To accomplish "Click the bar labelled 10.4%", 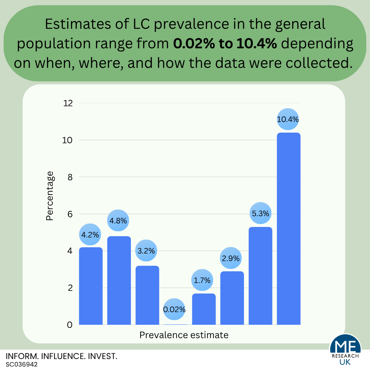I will [x=288, y=229].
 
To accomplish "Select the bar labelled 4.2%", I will [x=91, y=286].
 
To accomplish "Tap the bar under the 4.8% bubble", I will [x=119, y=280].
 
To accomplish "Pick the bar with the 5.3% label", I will [x=260, y=275].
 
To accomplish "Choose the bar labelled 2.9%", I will [x=232, y=298].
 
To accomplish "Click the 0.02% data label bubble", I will [x=174, y=309].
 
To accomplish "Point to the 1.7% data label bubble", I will [x=202, y=280].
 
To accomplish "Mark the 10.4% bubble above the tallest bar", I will [x=288, y=120].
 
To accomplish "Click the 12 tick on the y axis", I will [x=68, y=103].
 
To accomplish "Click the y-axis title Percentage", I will [x=50, y=196].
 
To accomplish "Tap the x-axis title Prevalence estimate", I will [x=184, y=335].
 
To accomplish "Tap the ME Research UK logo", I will [x=345, y=351].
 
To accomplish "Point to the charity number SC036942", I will [x=22, y=365].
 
